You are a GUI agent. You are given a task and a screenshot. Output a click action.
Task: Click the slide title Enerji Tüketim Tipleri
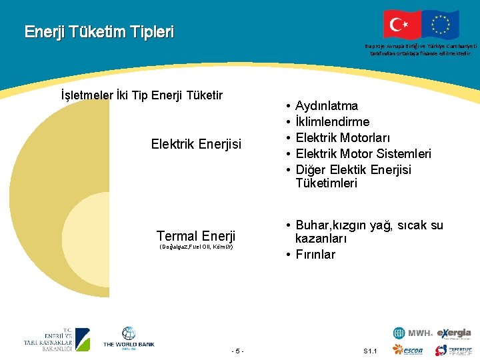99,31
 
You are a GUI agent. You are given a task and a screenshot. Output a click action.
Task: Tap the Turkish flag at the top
402,24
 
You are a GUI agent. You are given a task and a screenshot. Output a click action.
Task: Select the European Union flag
441,24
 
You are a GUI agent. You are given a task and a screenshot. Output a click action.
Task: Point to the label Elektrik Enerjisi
196,143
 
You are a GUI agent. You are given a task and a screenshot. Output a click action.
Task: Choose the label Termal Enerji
196,235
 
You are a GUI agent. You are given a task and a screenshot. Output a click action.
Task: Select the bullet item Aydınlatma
326,105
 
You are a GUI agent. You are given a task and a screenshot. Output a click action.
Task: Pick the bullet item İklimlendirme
332,121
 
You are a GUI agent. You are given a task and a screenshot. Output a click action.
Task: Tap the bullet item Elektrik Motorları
342,137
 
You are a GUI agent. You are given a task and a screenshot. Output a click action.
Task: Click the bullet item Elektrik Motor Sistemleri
363,153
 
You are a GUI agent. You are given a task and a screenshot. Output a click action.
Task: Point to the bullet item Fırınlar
315,254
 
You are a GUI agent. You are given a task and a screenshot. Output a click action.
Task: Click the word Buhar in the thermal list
311,225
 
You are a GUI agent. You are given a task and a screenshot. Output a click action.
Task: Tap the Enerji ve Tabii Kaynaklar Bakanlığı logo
57,339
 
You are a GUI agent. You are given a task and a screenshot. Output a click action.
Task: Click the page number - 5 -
237,351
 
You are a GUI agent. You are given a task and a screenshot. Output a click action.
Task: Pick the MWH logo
413,333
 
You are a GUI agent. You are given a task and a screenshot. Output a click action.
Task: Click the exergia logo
454,333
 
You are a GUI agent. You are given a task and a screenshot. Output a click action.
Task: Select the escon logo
407,350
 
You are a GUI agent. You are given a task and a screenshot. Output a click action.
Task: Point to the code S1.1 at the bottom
371,351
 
